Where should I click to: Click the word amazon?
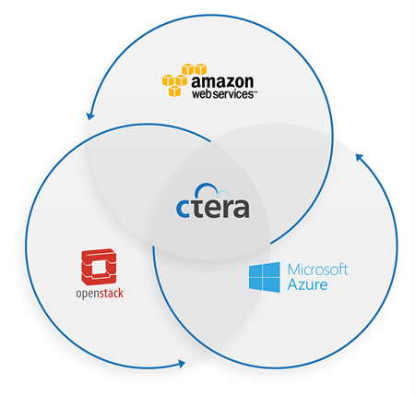[222, 81]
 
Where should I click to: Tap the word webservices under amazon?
[223, 94]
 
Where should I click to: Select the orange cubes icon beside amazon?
[184, 79]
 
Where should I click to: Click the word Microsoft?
[317, 270]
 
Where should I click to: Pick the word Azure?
[307, 284]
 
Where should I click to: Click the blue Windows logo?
[265, 277]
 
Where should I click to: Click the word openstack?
[100, 294]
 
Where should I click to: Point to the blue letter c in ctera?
[183, 210]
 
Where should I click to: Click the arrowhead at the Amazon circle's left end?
[90, 115]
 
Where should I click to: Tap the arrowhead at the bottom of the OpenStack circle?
[182, 364]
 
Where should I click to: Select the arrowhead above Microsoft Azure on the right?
[360, 157]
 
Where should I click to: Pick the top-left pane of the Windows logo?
[256, 270]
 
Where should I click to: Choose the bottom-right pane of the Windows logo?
[273, 285]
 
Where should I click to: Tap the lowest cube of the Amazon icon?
[174, 91]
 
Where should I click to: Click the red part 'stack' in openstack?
[112, 294]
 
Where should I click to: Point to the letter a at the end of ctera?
[242, 210]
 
